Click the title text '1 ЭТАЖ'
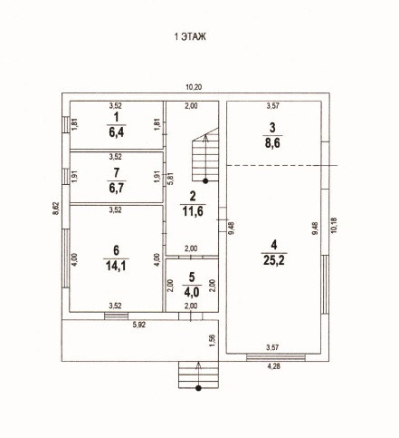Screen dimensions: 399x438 (190, 37)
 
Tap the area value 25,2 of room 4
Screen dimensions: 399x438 (274, 260)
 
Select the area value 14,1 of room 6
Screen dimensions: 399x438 (116, 266)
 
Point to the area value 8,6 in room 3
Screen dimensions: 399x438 (272, 142)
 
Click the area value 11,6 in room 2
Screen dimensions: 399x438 (193, 211)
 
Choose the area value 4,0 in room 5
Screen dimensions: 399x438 (192, 292)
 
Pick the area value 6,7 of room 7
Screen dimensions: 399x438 (117, 189)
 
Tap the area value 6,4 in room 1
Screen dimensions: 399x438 (117, 132)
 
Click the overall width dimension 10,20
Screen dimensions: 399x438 (194, 88)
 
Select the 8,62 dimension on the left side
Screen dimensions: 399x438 (56, 209)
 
